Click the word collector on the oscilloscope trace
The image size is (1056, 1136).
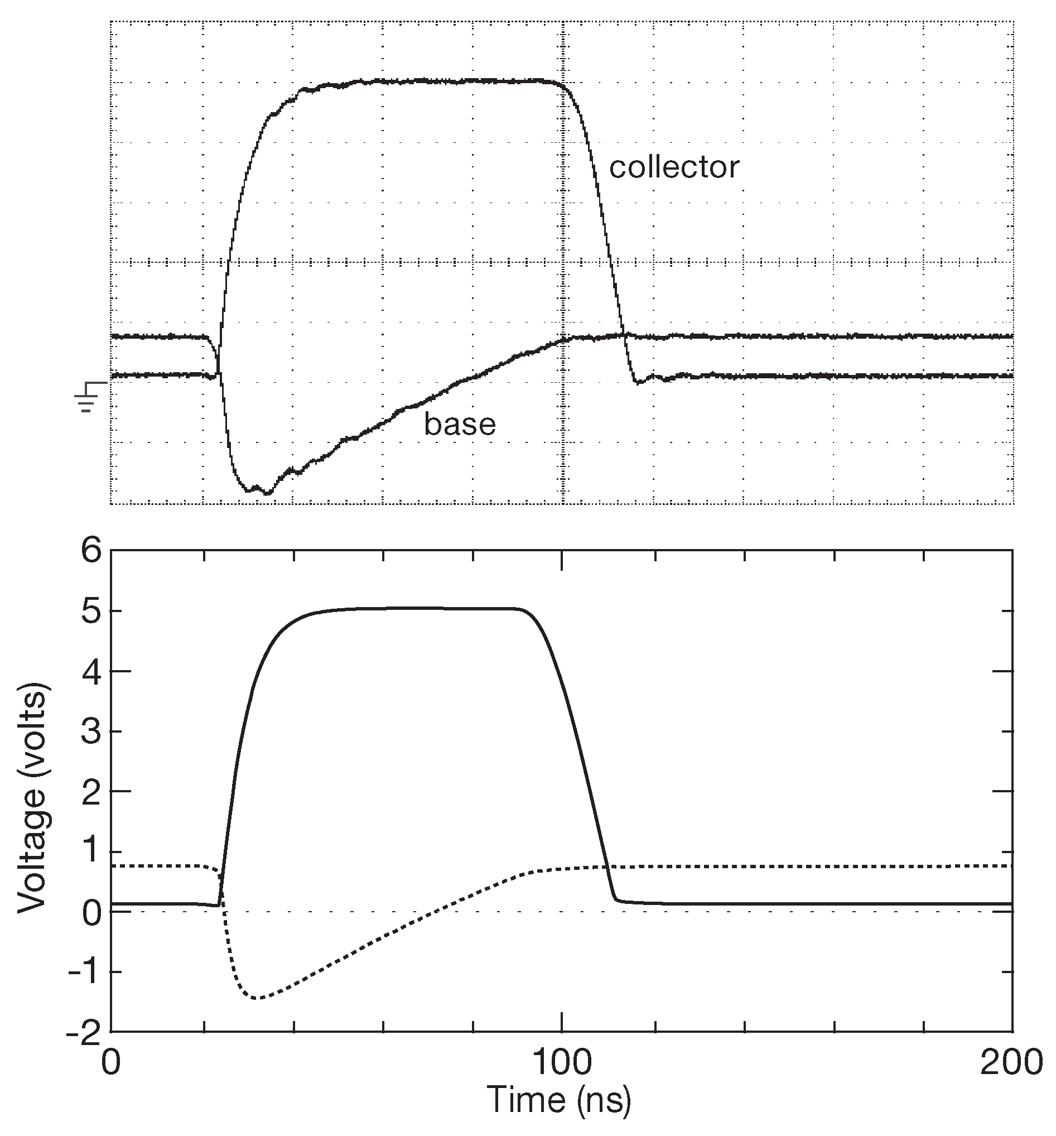coord(674,168)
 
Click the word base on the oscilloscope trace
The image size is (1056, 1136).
coord(460,425)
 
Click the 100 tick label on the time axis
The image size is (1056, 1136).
coord(562,1063)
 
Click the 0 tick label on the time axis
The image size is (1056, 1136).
coord(111,1063)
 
